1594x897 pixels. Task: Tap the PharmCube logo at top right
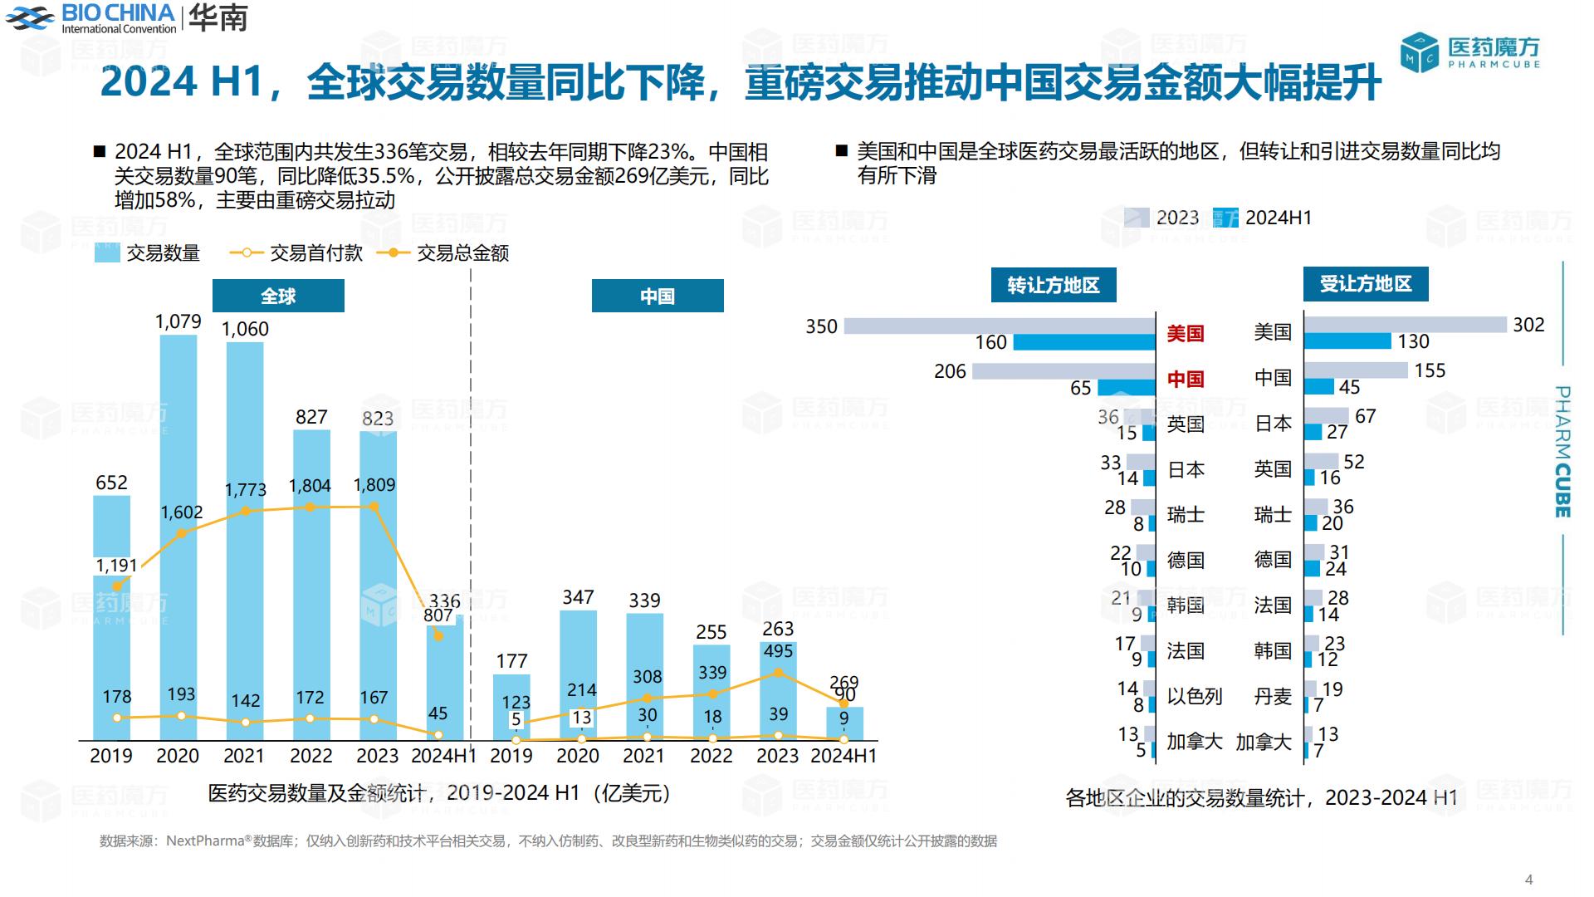click(1470, 51)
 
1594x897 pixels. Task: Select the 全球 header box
click(278, 296)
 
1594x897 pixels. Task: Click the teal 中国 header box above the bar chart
click(657, 296)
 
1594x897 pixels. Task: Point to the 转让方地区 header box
click(1053, 285)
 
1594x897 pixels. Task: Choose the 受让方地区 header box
click(1365, 284)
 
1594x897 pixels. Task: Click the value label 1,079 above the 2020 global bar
click(178, 321)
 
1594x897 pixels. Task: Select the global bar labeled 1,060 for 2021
click(245, 540)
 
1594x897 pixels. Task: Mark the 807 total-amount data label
click(438, 615)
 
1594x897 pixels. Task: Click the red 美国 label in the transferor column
click(1185, 333)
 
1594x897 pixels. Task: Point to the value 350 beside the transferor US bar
click(821, 326)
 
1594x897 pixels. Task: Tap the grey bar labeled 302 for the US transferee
click(1405, 325)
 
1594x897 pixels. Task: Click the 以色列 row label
click(1194, 696)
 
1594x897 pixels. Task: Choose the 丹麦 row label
click(1273, 696)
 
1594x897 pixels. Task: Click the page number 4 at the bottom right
click(1529, 880)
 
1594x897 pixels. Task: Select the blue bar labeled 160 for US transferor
click(1084, 342)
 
